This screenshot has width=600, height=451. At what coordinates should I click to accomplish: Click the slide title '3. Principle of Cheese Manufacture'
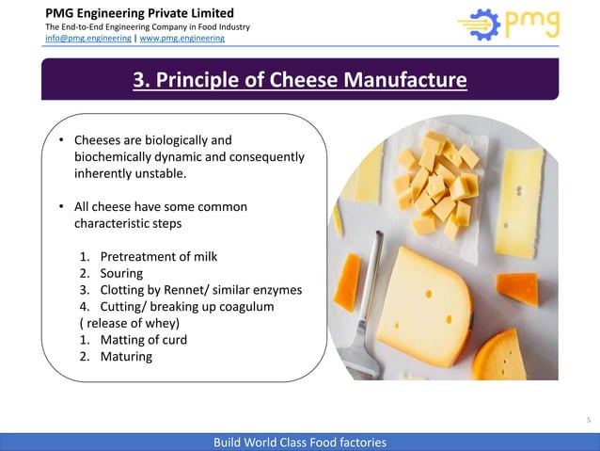[x=299, y=79]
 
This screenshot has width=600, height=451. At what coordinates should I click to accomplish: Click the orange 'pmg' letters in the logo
[x=531, y=24]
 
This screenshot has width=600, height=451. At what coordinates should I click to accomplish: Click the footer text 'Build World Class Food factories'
[x=299, y=442]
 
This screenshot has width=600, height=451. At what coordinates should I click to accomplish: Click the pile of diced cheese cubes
[x=437, y=184]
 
